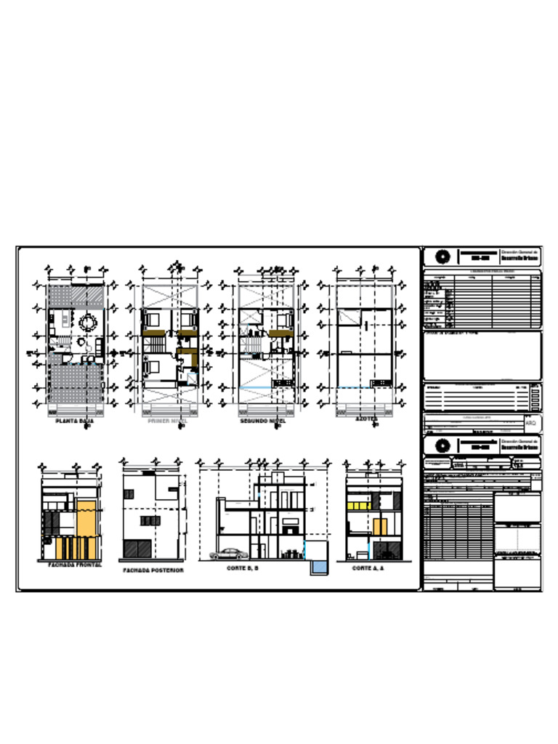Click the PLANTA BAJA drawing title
pyautogui.click(x=75, y=421)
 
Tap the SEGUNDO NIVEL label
pyautogui.click(x=262, y=421)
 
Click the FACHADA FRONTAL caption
pyautogui.click(x=75, y=564)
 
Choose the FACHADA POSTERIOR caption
pyautogui.click(x=153, y=570)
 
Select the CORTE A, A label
pyautogui.click(x=368, y=568)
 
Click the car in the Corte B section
pyautogui.click(x=229, y=554)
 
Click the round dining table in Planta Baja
pyautogui.click(x=89, y=322)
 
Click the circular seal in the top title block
pyautogui.click(x=442, y=256)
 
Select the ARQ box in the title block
pyautogui.click(x=530, y=422)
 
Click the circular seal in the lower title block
pyautogui.click(x=442, y=445)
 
